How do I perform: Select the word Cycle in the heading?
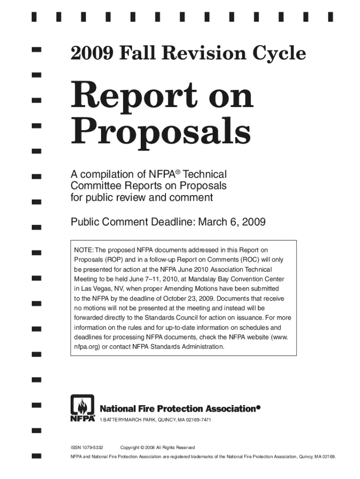pos(281,55)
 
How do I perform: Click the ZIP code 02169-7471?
pos(196,420)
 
